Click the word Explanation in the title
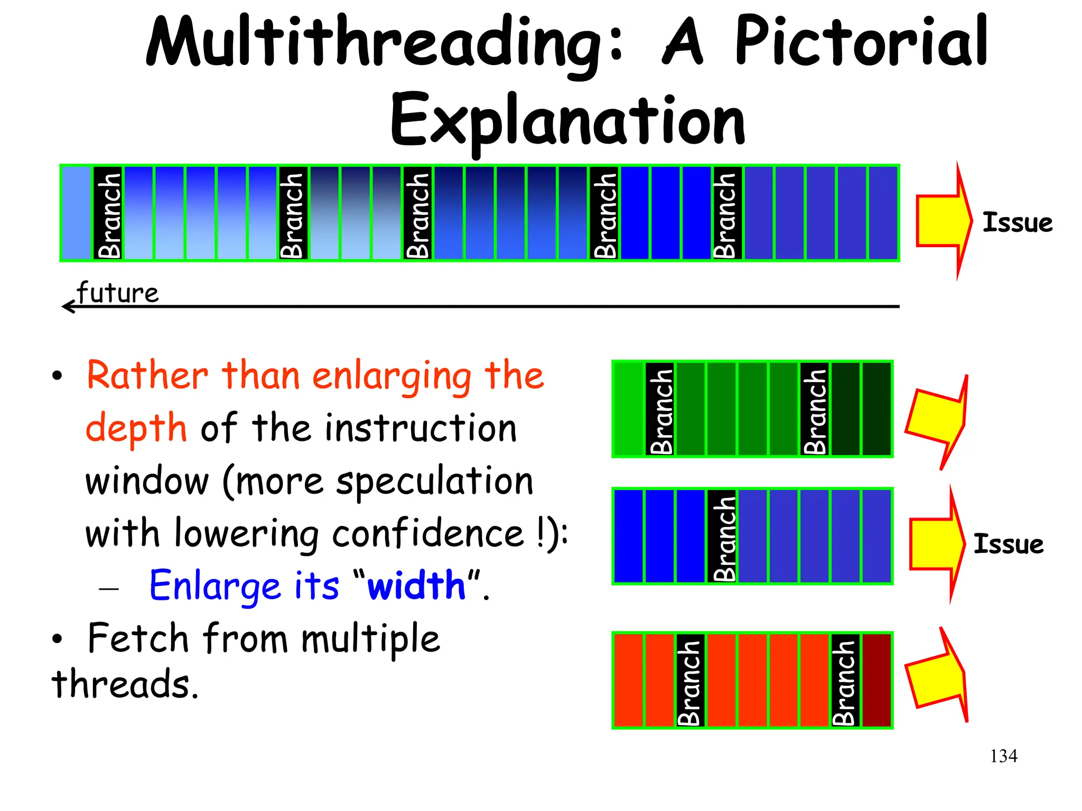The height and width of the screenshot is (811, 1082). click(567, 121)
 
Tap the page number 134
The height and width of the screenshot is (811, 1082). click(1003, 756)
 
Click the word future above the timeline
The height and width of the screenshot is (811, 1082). click(117, 293)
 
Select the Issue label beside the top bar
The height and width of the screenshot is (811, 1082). click(1017, 222)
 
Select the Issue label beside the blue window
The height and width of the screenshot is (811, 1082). click(1008, 544)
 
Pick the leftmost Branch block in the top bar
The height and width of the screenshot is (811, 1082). click(108, 213)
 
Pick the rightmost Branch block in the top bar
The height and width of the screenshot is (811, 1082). click(727, 213)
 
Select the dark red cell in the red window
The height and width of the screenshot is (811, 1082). click(876, 680)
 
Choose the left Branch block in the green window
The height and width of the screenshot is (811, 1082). click(660, 409)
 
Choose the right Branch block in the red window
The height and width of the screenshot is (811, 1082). click(845, 680)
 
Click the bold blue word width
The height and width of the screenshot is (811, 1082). click(416, 586)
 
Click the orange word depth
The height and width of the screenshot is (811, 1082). click(136, 428)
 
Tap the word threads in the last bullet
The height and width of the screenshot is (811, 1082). click(125, 684)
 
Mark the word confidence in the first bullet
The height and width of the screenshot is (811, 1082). click(428, 533)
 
